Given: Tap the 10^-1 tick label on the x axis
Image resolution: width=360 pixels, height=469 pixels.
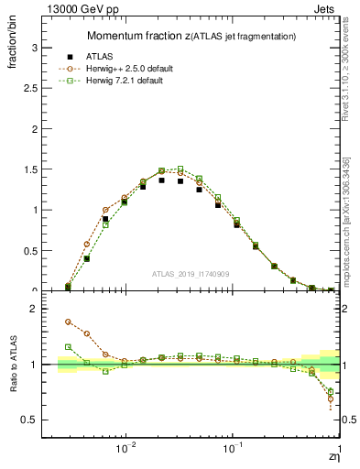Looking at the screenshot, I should (x=233, y=451).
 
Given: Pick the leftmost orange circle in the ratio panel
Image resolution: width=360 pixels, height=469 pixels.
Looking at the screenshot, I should (x=68, y=322).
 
